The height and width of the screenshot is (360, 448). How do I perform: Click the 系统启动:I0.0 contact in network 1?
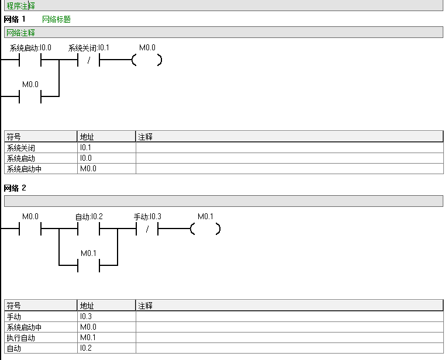click(30, 60)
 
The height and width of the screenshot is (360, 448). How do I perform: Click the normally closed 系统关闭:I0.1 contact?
click(88, 60)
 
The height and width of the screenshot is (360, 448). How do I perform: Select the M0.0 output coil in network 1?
click(147, 60)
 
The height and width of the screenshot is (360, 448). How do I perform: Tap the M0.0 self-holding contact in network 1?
click(30, 96)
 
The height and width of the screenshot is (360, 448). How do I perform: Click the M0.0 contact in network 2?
click(30, 229)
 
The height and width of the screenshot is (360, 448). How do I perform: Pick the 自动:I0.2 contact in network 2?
click(88, 229)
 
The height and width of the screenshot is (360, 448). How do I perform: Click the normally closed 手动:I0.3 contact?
click(147, 229)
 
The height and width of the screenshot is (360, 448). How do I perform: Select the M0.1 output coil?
click(205, 229)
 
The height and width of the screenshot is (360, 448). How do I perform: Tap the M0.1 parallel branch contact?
click(88, 265)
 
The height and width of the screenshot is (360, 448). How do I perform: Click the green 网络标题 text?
click(56, 19)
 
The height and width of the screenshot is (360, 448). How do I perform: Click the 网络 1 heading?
click(14, 19)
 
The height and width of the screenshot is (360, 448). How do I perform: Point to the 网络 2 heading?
click(15, 188)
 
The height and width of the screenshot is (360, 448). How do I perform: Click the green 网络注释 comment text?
click(20, 33)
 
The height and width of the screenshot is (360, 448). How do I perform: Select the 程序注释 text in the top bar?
click(20, 6)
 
